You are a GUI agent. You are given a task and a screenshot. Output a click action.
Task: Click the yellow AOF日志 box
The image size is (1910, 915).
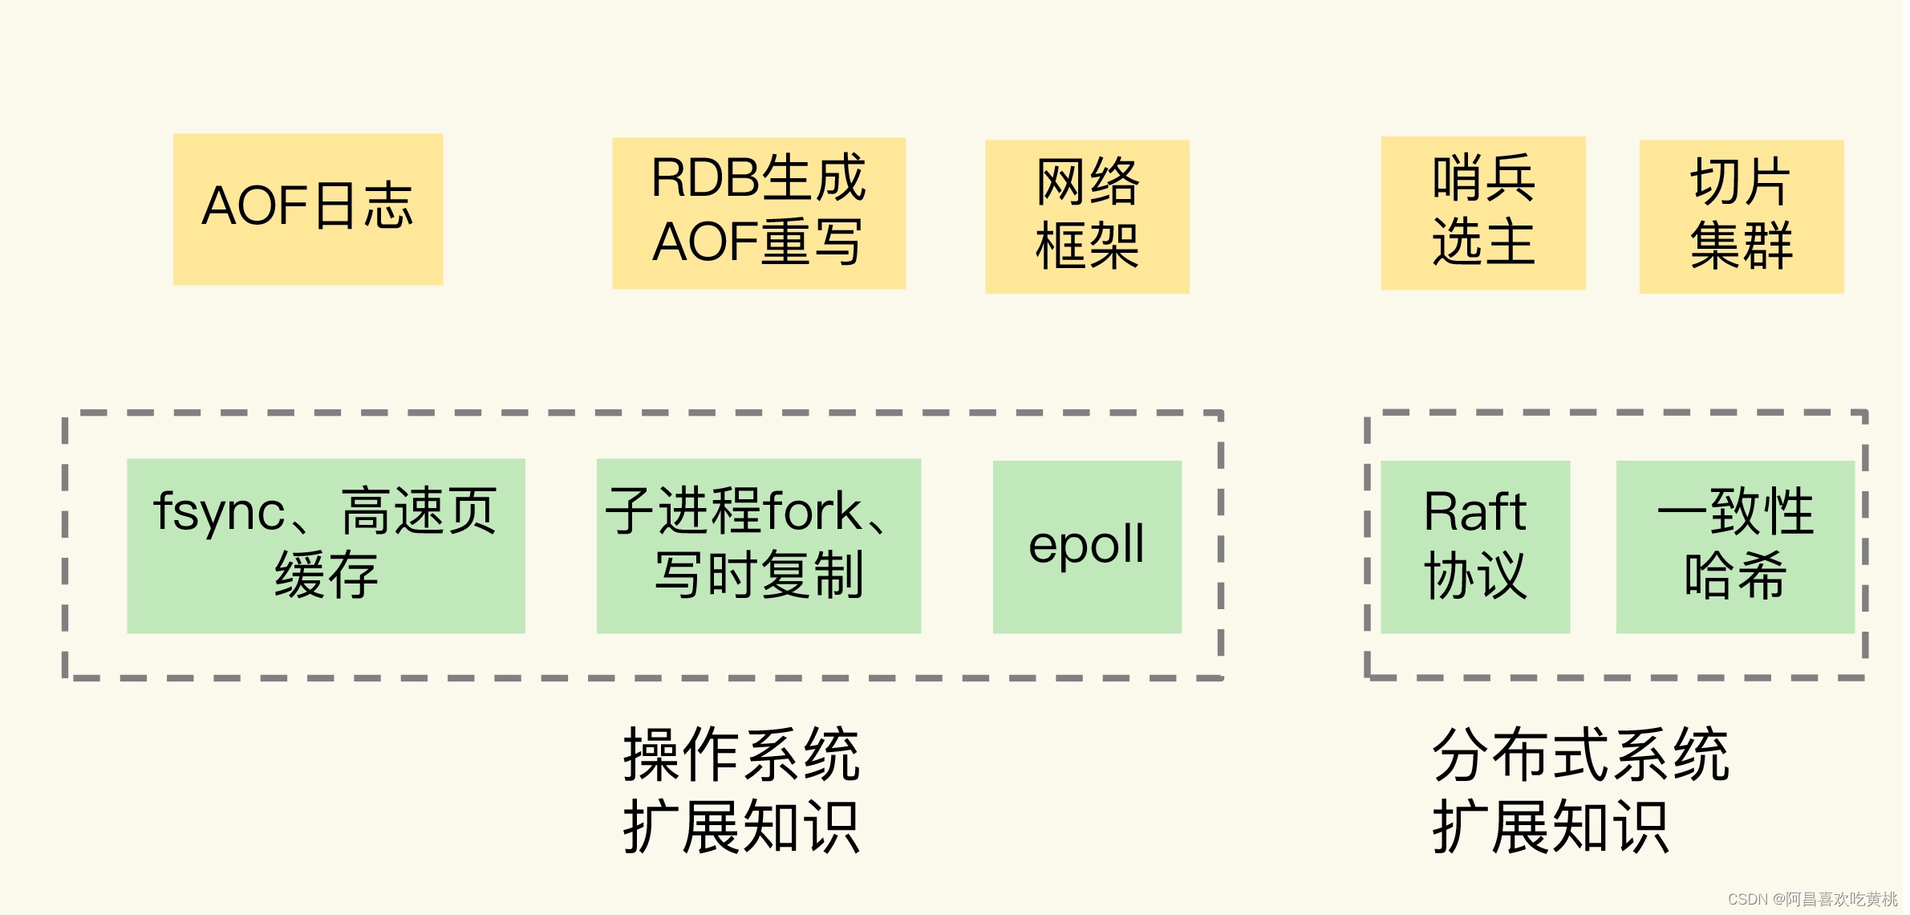(x=308, y=209)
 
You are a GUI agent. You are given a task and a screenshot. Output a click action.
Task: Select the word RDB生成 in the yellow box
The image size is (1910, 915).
(x=758, y=178)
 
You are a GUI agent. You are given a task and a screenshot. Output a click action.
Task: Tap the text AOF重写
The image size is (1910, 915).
(x=758, y=242)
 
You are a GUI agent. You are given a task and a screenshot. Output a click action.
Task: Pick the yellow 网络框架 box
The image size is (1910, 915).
(x=1087, y=217)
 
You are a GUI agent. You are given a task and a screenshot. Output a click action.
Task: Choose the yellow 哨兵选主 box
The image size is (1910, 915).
(x=1482, y=213)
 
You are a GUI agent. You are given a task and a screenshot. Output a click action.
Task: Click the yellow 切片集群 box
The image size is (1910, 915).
(x=1741, y=217)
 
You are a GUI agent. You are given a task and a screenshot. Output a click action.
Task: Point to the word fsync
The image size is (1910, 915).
(x=219, y=511)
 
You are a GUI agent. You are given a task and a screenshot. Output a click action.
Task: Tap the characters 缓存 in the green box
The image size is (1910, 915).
(x=326, y=575)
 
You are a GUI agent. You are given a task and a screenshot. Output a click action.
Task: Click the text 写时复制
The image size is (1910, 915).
(x=759, y=575)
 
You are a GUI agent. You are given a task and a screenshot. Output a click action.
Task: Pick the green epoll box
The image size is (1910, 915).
(x=1087, y=546)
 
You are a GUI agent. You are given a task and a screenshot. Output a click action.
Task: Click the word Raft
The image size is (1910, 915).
(x=1474, y=511)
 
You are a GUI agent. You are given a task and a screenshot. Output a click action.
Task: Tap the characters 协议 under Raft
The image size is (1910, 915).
(x=1474, y=575)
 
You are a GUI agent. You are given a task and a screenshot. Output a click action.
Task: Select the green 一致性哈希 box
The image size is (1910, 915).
(x=1734, y=546)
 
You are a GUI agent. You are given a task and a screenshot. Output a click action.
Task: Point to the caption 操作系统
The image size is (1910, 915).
(x=741, y=754)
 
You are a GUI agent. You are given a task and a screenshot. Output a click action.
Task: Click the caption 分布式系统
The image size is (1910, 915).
(x=1580, y=754)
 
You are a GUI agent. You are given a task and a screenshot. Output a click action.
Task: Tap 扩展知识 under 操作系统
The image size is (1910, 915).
(x=741, y=827)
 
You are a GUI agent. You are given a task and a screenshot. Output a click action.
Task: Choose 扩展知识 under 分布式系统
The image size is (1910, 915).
(x=1550, y=827)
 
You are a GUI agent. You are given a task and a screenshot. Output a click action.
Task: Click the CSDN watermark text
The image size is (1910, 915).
(x=1812, y=899)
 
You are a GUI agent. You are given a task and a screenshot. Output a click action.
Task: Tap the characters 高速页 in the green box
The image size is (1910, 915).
(x=419, y=511)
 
